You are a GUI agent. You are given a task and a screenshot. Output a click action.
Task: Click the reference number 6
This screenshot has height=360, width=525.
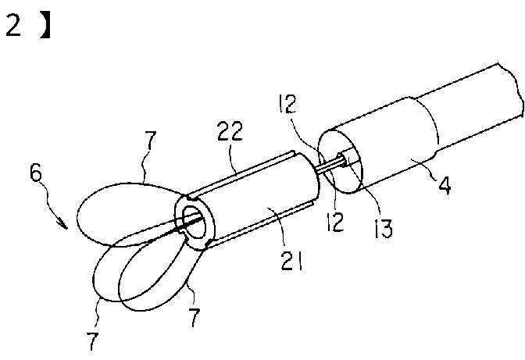click(x=36, y=173)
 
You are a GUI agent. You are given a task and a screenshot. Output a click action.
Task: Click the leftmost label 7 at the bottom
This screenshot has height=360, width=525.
click(x=95, y=341)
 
